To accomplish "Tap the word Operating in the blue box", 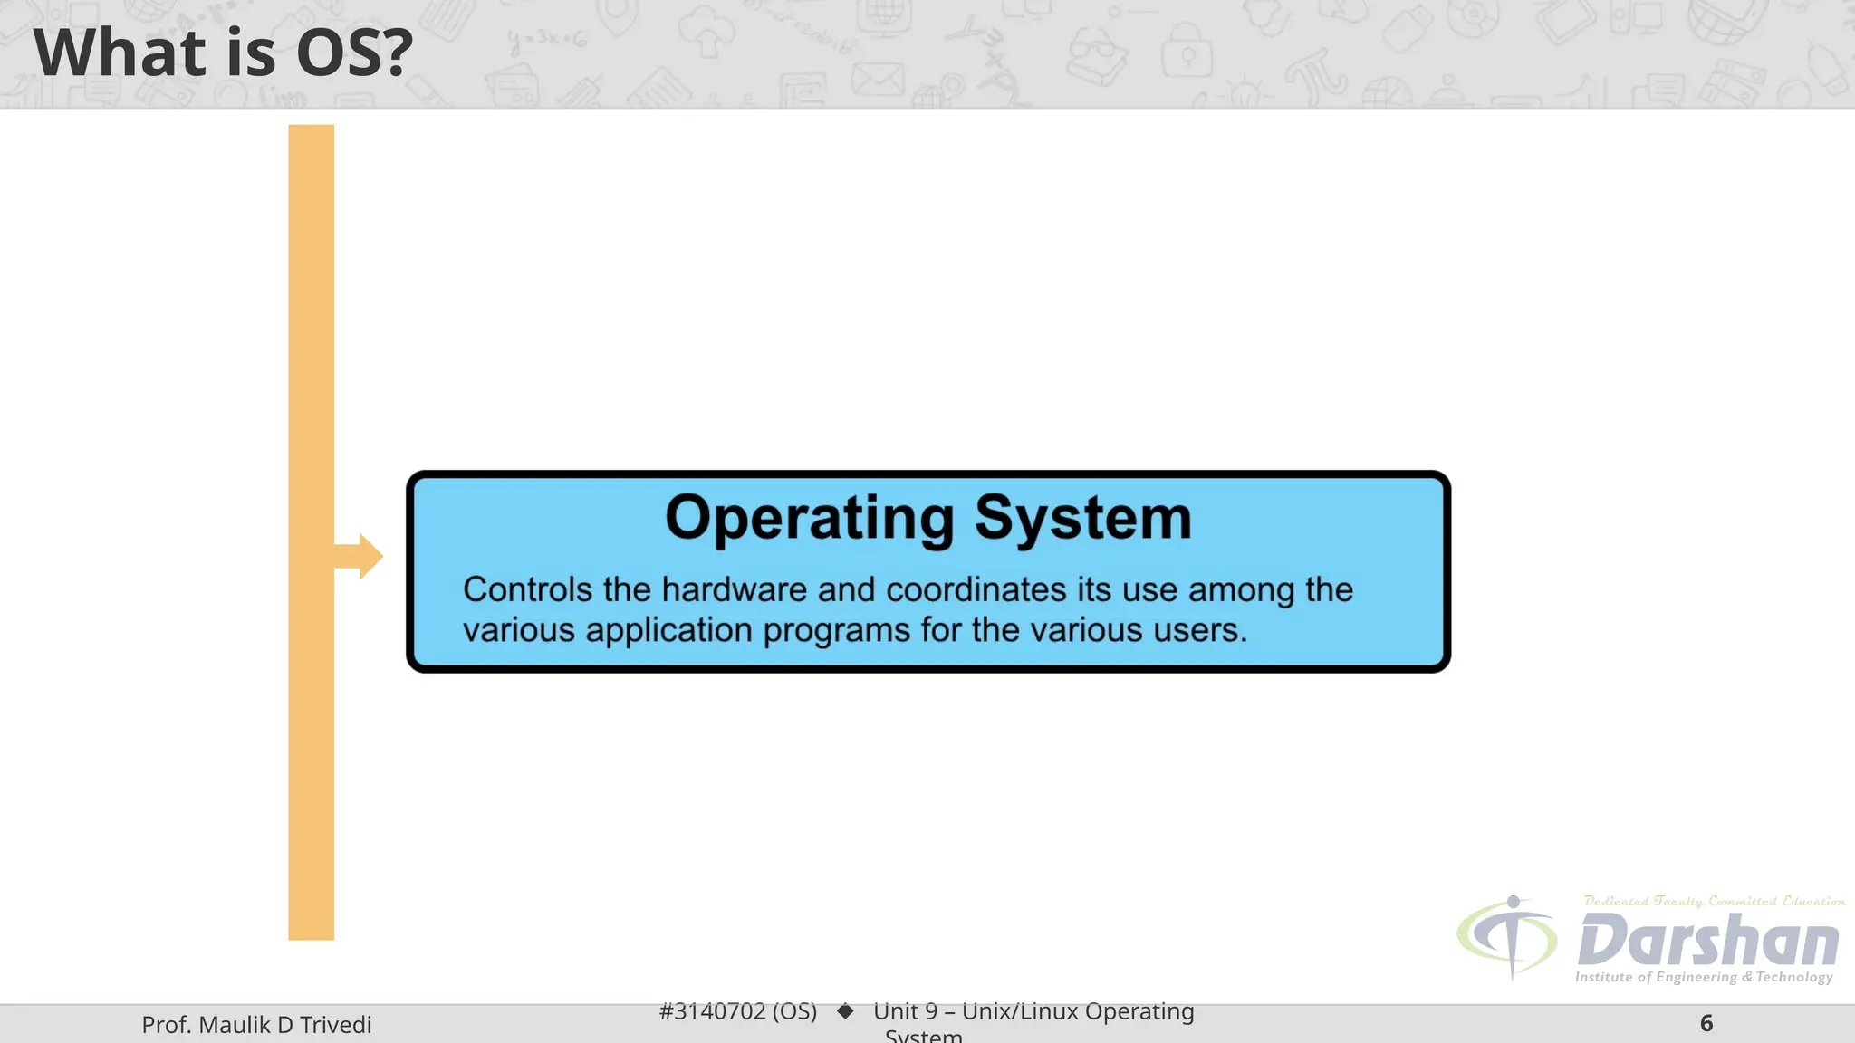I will [x=810, y=519].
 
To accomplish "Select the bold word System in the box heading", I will [x=1083, y=519].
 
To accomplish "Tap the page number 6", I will [x=1706, y=1023].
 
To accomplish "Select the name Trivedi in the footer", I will [x=335, y=1025].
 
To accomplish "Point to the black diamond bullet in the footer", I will [x=845, y=1011].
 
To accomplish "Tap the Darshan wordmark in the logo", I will [x=1707, y=941].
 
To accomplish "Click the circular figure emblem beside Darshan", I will [x=1508, y=937].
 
